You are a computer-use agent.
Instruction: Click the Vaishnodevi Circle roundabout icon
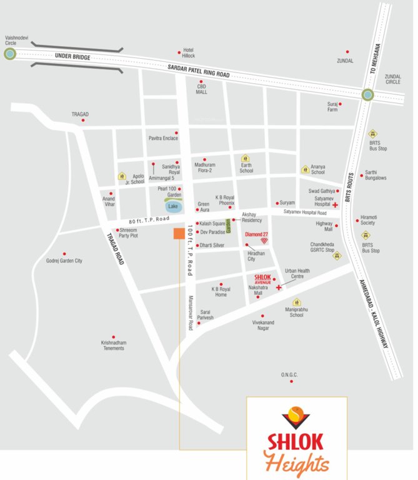[x=10, y=54]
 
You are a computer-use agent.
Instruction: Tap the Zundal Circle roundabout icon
[x=367, y=95]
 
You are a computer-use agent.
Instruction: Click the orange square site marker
[x=179, y=234]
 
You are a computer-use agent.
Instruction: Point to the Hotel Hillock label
[x=189, y=52]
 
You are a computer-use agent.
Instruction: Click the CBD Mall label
[x=201, y=89]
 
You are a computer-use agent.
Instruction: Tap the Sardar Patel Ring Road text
[x=199, y=71]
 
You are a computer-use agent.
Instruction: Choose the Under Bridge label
[x=72, y=57]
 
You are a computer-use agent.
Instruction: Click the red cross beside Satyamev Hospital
[x=335, y=205]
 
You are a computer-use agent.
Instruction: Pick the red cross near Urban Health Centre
[x=278, y=287]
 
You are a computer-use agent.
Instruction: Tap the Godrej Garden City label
[x=64, y=261]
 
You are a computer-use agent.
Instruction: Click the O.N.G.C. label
[x=290, y=374]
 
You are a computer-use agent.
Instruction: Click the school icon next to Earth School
[x=246, y=159]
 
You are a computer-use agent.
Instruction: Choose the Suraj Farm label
[x=332, y=107]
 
